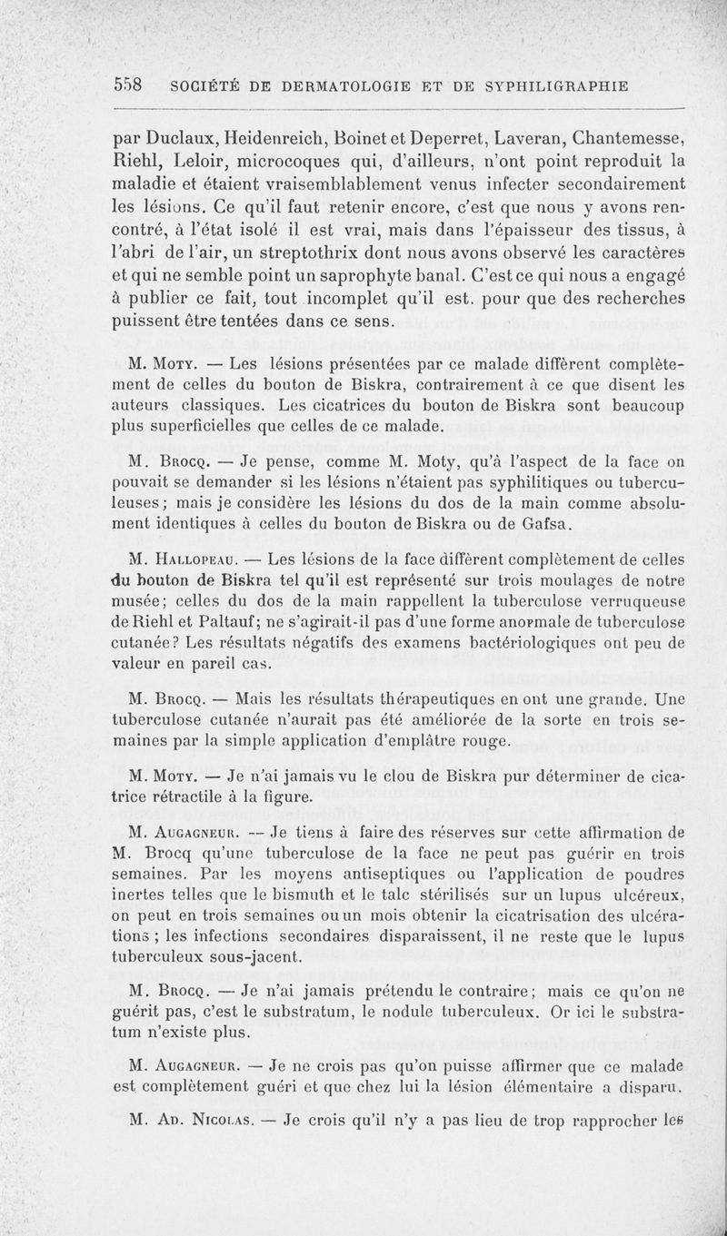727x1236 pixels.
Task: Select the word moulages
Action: coord(545,582)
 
